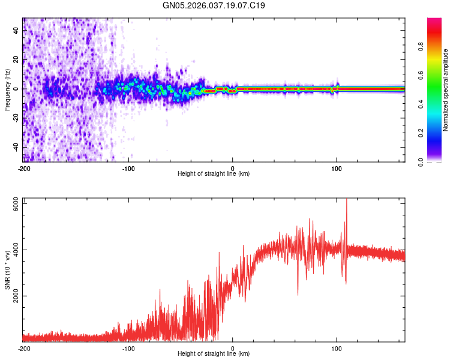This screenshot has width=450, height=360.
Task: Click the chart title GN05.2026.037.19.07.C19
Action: pos(214,6)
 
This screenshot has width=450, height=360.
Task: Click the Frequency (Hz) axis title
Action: pos(7,89)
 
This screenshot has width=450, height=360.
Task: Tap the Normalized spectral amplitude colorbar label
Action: pos(446,89)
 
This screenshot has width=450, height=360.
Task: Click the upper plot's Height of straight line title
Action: pos(214,174)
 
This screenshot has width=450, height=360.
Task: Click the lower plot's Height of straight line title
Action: pos(214,354)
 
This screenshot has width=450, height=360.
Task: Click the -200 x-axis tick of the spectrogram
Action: pos(24,168)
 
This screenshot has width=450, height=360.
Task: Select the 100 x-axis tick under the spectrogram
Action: pos(337,168)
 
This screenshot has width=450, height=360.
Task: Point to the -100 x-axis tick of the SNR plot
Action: pos(128,348)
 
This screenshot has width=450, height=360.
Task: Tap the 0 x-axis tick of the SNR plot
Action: pos(233,348)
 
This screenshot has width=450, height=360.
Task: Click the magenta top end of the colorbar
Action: pos(434,20)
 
